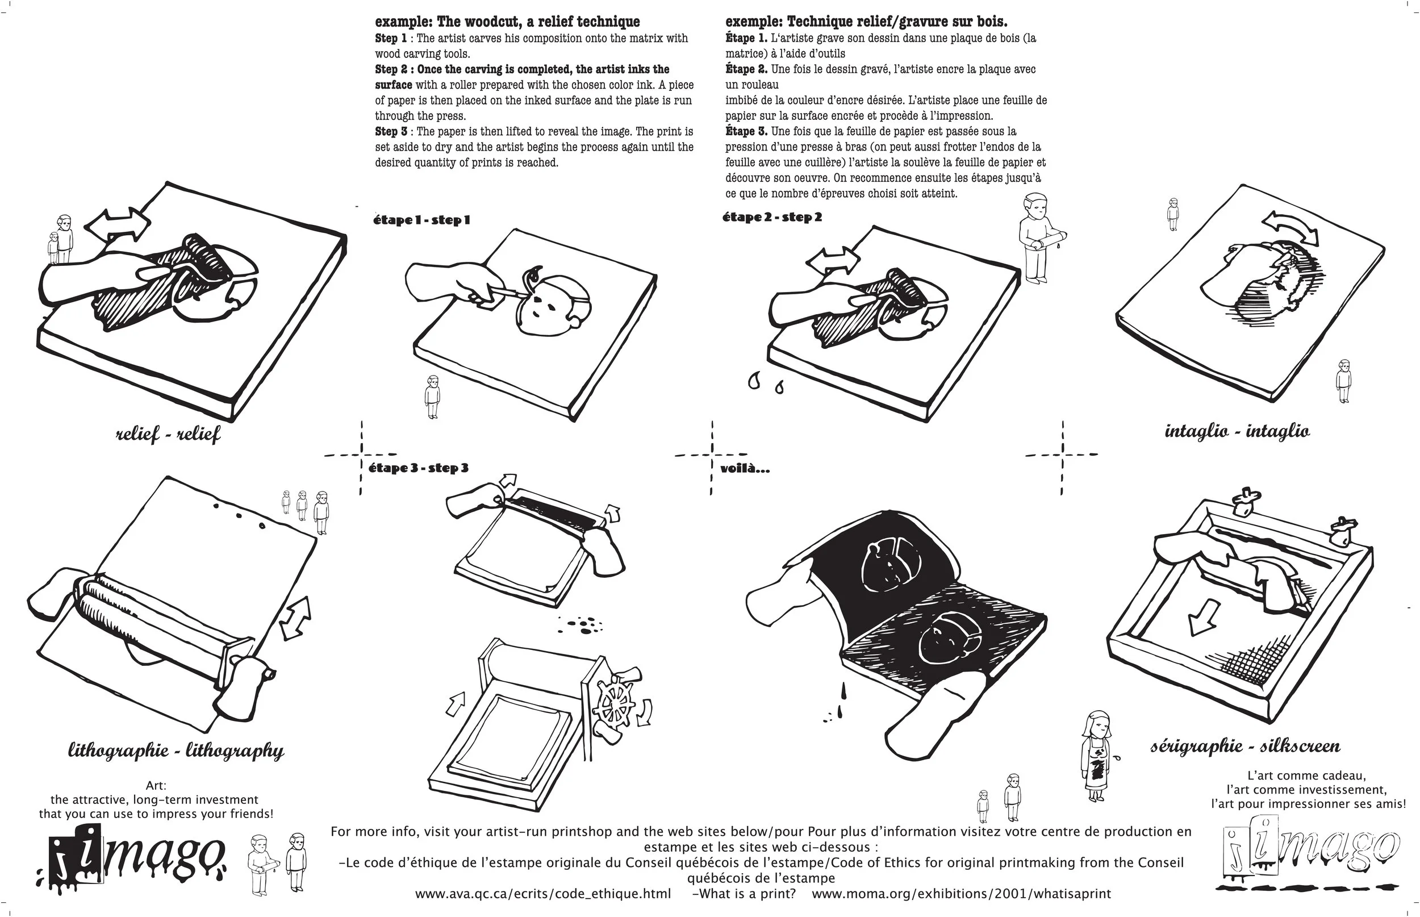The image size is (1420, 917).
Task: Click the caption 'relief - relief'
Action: pos(168,434)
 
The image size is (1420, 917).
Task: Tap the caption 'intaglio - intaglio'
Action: pos(1237,431)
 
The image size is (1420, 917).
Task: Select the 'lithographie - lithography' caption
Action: pos(176,751)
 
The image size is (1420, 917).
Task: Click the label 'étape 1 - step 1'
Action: pos(421,220)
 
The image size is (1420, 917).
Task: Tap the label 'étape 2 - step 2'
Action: pos(772,218)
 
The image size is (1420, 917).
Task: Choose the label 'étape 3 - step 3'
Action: pos(419,468)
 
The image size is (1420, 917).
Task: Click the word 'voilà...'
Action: pos(745,469)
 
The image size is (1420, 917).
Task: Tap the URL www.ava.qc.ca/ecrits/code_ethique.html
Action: pos(543,894)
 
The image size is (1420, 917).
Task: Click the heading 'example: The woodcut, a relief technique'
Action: pos(507,22)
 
